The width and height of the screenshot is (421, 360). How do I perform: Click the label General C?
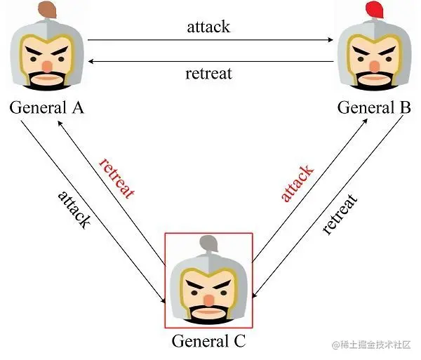pyautogui.click(x=209, y=342)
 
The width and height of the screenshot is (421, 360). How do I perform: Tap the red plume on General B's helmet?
pyautogui.click(x=376, y=11)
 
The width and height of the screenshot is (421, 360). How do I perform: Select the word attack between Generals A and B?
pyautogui.click(x=208, y=27)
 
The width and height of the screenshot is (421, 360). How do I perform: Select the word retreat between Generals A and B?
pyautogui.click(x=208, y=73)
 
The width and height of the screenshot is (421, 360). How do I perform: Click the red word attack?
pyautogui.click(x=298, y=182)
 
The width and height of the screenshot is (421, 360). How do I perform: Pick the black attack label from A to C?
pyautogui.click(x=74, y=208)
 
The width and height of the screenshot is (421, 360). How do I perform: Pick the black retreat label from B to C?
pyautogui.click(x=340, y=214)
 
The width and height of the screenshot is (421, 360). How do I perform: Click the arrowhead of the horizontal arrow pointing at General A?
pyautogui.click(x=89, y=62)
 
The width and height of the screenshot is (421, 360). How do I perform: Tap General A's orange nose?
pyautogui.click(x=47, y=65)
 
